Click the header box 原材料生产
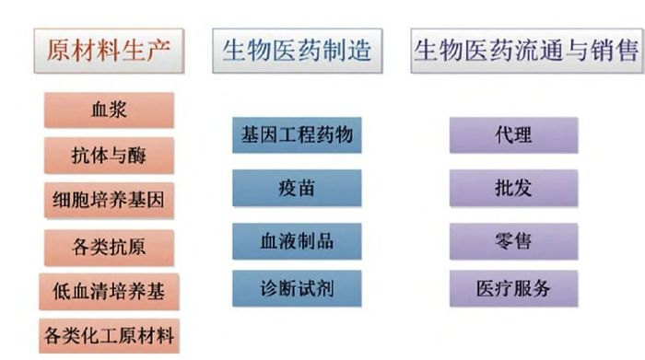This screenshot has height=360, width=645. (109, 51)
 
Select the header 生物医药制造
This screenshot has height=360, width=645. (298, 51)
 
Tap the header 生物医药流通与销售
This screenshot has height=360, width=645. (527, 51)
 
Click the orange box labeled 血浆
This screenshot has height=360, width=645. (109, 110)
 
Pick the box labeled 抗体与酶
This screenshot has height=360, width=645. (109, 156)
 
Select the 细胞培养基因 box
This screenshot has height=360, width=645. (109, 200)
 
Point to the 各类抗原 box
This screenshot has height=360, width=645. (109, 248)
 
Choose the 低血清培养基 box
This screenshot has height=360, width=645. (109, 291)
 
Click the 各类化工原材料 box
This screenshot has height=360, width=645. (109, 336)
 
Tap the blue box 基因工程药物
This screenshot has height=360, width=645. (297, 135)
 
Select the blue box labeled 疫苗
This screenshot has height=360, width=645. (297, 188)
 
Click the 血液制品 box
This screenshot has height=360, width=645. (297, 241)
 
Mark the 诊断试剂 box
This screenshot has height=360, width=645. (297, 288)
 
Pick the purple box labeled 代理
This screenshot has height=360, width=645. (514, 135)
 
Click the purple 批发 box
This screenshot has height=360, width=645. (514, 188)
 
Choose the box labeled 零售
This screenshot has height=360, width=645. (514, 241)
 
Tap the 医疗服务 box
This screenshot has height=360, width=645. (514, 288)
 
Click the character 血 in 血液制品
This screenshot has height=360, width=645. (269, 241)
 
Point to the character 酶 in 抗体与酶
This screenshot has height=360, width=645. (137, 156)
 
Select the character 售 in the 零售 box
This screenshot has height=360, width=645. (522, 241)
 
